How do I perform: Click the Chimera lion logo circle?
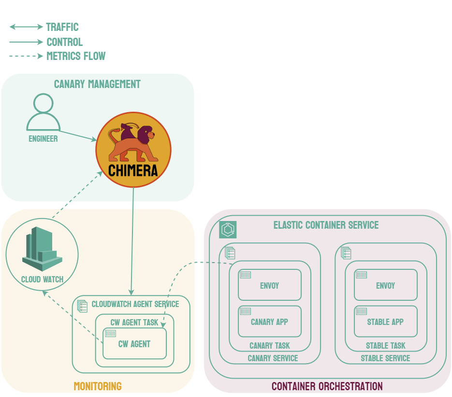[133, 150]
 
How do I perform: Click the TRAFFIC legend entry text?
[62, 27]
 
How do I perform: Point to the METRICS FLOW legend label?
[76, 56]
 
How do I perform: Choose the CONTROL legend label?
[64, 42]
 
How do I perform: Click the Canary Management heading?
[97, 84]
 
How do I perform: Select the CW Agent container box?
[134, 344]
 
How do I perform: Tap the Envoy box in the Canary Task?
[269, 285]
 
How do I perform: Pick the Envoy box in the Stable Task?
[385, 285]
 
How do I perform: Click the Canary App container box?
[269, 321]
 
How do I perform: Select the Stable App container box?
[385, 321]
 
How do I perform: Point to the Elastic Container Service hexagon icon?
[228, 230]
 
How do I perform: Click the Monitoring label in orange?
[98, 386]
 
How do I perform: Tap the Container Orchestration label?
[327, 386]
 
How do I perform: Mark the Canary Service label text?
[273, 358]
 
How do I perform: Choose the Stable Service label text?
[385, 358]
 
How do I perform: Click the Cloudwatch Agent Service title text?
[135, 304]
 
